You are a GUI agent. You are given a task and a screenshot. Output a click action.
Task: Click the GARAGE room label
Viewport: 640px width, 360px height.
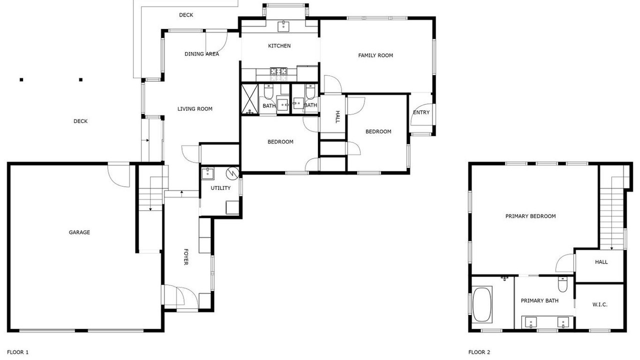pos(79,232)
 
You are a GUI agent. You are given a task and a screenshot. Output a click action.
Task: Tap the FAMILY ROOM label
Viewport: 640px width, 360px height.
pos(375,55)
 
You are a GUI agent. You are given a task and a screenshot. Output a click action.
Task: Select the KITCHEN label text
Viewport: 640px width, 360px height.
pos(279,45)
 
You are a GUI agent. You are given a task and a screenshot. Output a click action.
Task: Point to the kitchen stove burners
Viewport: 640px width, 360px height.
pos(278,74)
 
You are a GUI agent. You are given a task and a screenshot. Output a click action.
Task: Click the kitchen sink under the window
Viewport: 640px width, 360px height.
pos(283,26)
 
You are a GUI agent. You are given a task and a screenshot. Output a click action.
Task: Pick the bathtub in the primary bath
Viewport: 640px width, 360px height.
pos(482,304)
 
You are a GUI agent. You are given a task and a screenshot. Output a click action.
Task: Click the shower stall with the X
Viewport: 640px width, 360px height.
pos(250,99)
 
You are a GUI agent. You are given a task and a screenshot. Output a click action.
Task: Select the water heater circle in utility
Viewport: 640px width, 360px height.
pos(232,173)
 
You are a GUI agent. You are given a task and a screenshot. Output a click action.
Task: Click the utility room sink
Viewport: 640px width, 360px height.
pos(207,173)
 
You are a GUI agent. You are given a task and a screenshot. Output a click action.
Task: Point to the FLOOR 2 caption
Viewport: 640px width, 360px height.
pos(479,352)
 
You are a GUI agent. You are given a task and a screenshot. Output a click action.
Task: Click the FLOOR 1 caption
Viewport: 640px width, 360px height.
pos(17,352)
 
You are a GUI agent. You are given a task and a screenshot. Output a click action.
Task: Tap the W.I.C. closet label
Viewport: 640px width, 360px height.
pos(599,304)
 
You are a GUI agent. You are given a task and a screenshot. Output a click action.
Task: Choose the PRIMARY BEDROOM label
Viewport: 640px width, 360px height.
pos(530,216)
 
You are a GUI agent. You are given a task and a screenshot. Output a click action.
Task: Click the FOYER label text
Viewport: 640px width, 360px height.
pos(185,257)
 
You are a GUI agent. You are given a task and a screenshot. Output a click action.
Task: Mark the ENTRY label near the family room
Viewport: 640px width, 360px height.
pos(421,112)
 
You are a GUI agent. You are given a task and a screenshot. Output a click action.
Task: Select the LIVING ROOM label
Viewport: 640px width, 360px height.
pos(195,109)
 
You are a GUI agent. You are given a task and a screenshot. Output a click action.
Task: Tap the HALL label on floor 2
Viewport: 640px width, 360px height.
pos(601,262)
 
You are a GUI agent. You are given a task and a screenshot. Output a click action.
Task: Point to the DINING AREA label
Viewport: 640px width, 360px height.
pos(201,54)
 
